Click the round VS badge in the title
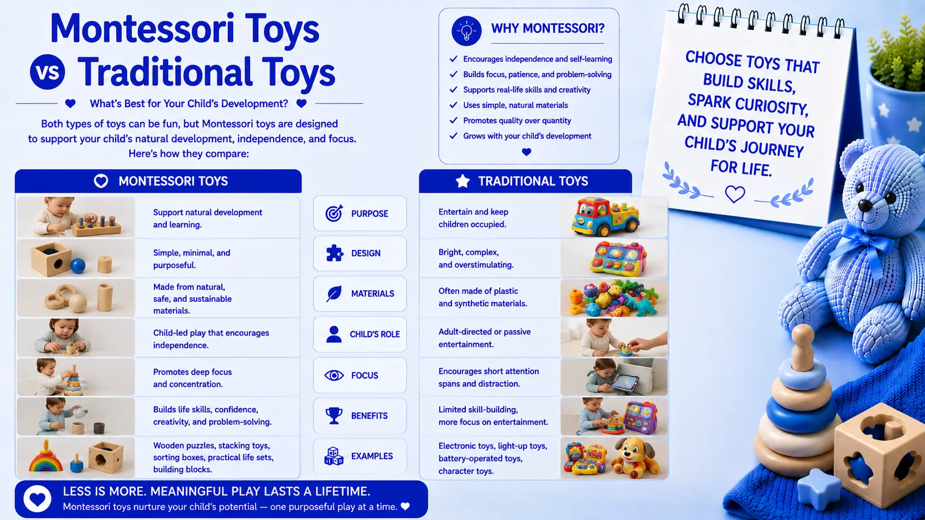(x=48, y=72)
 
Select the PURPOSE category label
(x=370, y=214)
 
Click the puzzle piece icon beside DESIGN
(x=335, y=253)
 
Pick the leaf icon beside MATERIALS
(x=334, y=293)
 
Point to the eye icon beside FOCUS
(x=334, y=375)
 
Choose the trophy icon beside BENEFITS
(x=334, y=415)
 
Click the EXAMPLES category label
(x=372, y=456)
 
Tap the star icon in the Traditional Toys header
(x=462, y=181)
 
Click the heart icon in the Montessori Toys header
(x=101, y=181)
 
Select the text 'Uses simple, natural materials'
(x=516, y=105)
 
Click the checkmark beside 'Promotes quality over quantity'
(x=454, y=120)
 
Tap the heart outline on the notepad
(x=735, y=194)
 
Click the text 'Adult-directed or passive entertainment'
(x=485, y=338)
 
